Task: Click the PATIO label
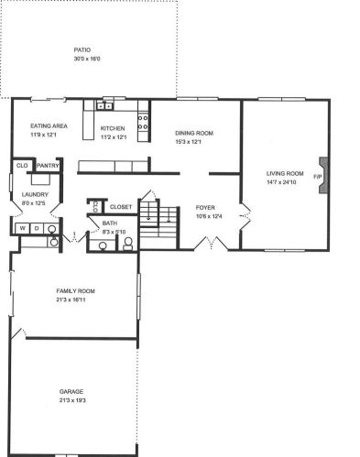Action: [x=82, y=49]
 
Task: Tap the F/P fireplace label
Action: [x=318, y=177]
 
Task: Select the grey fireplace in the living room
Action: [x=323, y=175]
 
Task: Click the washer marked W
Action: [x=23, y=228]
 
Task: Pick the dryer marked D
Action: [x=37, y=228]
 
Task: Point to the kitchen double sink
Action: [x=104, y=106]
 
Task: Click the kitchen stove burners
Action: [x=143, y=122]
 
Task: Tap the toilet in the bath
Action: [x=128, y=244]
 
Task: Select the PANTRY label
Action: [x=48, y=166]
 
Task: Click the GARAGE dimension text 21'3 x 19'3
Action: [x=72, y=400]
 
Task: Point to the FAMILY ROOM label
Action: [x=75, y=291]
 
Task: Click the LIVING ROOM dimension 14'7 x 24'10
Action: [x=281, y=182]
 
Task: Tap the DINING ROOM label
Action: [x=194, y=133]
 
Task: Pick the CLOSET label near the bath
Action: [x=121, y=207]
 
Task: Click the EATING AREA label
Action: [x=49, y=125]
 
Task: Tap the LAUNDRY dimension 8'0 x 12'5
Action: [x=34, y=203]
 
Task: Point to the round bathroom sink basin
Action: [x=103, y=245]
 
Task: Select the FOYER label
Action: [x=205, y=208]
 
